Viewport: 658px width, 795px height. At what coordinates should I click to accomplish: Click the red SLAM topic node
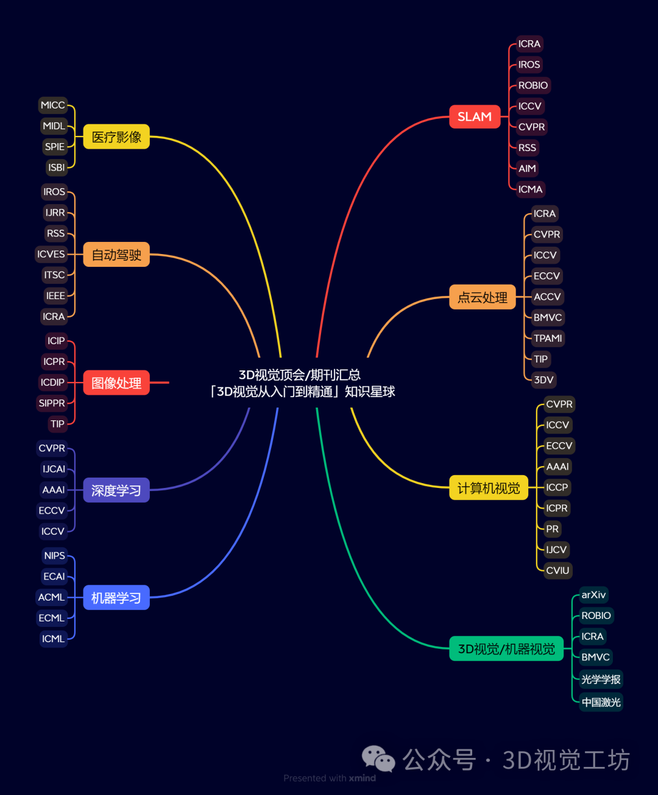click(x=475, y=116)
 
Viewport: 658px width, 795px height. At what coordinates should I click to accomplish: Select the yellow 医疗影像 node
click(x=116, y=137)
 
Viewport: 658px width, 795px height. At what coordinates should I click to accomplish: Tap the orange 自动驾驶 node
click(x=116, y=255)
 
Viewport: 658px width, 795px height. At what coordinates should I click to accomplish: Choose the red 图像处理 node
click(x=116, y=383)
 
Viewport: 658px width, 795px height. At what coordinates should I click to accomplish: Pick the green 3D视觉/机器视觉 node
click(x=506, y=649)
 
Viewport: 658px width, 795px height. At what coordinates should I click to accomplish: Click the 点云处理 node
click(x=483, y=297)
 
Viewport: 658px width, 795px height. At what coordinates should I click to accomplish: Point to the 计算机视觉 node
click(x=489, y=488)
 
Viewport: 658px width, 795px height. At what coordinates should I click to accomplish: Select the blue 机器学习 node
click(x=116, y=598)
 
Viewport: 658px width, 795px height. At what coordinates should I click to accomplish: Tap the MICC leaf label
click(x=52, y=105)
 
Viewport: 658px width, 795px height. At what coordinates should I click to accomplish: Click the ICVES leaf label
click(x=51, y=254)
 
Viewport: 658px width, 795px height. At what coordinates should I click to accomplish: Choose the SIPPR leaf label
click(x=52, y=403)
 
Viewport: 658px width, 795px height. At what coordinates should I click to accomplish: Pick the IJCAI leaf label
click(x=54, y=469)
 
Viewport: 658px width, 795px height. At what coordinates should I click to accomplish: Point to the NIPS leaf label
click(x=54, y=556)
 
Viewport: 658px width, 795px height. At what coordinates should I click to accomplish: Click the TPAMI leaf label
click(x=548, y=338)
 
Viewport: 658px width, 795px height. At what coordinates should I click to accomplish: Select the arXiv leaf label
click(x=593, y=595)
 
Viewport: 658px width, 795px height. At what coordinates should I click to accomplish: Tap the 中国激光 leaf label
click(x=601, y=702)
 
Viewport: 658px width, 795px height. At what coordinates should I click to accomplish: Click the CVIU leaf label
click(x=557, y=570)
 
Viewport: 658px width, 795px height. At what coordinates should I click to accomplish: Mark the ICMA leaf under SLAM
click(x=530, y=189)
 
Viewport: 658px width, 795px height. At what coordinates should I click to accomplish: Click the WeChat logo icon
click(x=378, y=759)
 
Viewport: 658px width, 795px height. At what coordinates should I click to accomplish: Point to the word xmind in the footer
click(x=363, y=778)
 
